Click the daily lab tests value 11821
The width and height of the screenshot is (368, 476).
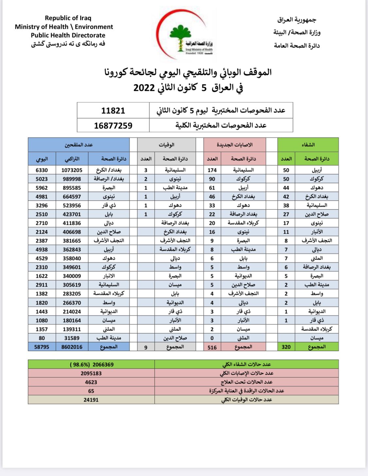tap(113, 110)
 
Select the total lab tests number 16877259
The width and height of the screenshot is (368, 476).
tap(113, 125)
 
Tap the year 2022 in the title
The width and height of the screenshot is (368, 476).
tap(144, 88)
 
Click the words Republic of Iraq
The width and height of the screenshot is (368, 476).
tap(68, 18)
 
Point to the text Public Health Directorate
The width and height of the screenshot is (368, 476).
tap(68, 35)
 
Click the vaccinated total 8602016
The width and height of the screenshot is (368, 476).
tap(72, 347)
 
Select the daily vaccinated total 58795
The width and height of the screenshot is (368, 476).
tap(42, 347)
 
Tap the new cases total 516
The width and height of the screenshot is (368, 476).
tap(212, 347)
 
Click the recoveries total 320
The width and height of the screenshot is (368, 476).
tap(286, 347)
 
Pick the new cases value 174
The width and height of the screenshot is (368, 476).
tap(212, 170)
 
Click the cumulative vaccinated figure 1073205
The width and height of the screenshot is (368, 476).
tap(72, 170)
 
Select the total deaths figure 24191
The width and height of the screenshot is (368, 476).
tap(91, 400)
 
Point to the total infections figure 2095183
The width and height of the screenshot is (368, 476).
tap(91, 373)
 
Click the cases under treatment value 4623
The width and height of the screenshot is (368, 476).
tap(91, 382)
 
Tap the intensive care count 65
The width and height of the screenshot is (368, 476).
tap(91, 391)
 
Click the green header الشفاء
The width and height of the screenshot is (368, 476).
tap(308, 145)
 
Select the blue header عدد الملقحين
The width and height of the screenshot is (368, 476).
tap(79, 145)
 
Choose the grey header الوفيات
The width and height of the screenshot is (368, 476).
tap(166, 145)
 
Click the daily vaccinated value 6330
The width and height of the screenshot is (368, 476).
tap(42, 170)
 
